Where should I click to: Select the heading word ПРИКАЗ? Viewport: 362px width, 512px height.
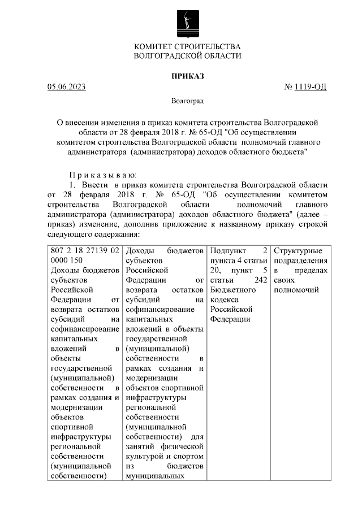coord(187,75)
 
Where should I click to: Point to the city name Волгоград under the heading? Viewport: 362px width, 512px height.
coord(187,101)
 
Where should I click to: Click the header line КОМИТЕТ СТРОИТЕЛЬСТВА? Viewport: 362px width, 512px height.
coord(187,46)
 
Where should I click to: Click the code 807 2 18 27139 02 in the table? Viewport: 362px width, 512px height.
coord(84,250)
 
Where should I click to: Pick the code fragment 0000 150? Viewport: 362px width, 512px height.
coord(66,260)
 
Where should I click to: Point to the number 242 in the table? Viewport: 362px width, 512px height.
coord(260,280)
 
